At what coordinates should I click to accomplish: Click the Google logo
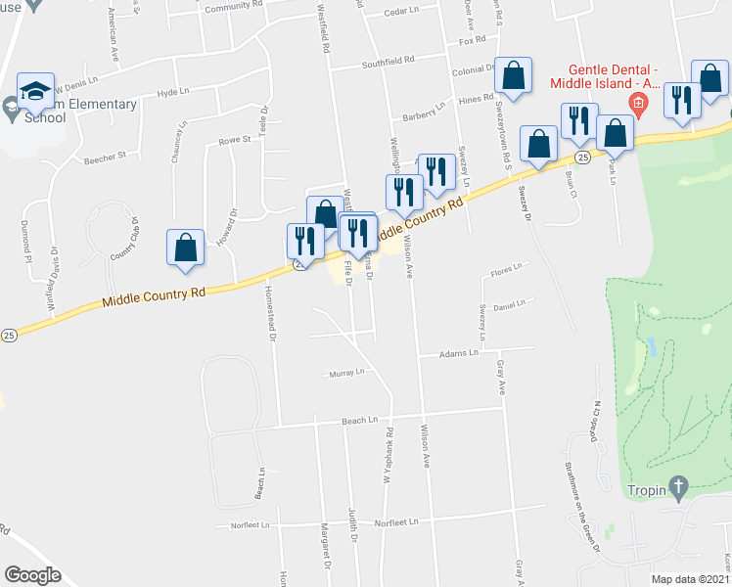click(x=32, y=576)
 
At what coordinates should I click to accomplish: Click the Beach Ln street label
click(x=359, y=421)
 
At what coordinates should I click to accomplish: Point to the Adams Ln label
click(x=457, y=352)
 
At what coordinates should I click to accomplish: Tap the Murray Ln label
click(x=346, y=373)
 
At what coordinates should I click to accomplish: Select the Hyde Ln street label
click(x=171, y=92)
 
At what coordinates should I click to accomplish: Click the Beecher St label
click(x=106, y=157)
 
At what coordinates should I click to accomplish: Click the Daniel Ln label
click(x=509, y=305)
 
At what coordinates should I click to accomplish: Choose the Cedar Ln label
click(x=401, y=13)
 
